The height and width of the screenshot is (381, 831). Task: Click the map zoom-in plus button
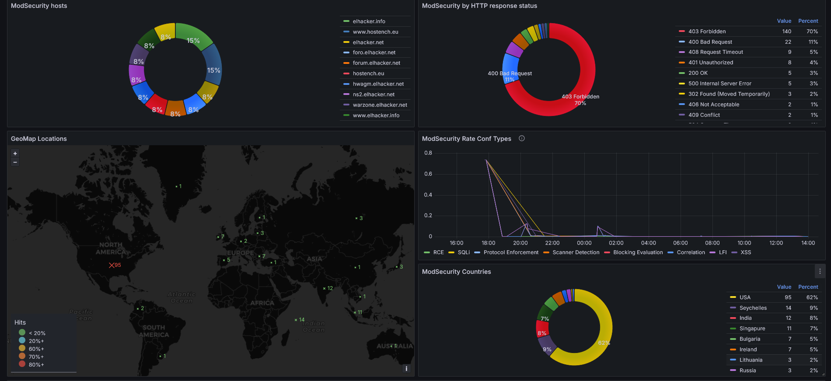[15, 154]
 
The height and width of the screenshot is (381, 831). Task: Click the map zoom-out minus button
[15, 162]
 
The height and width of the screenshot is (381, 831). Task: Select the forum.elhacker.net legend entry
[376, 63]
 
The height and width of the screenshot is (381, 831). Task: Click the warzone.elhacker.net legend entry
[380, 105]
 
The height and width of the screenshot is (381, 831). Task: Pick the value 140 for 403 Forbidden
[786, 31]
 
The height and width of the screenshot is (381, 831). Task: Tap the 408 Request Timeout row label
[716, 52]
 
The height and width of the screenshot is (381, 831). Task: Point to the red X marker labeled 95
[112, 265]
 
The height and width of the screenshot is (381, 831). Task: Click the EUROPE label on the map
[240, 253]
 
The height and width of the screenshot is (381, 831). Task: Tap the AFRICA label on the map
[262, 303]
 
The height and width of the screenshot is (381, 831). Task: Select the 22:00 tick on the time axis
[552, 243]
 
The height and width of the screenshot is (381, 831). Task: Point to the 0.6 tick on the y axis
[428, 174]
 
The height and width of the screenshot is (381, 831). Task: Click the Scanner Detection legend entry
[576, 252]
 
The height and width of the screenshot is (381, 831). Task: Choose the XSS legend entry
[746, 252]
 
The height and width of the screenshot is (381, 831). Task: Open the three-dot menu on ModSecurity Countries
[820, 272]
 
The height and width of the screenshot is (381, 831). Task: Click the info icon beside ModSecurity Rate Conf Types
[522, 138]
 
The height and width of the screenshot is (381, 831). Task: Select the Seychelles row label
[753, 308]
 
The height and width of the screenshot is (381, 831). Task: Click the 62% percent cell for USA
[812, 297]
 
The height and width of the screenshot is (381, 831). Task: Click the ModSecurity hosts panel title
[39, 6]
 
